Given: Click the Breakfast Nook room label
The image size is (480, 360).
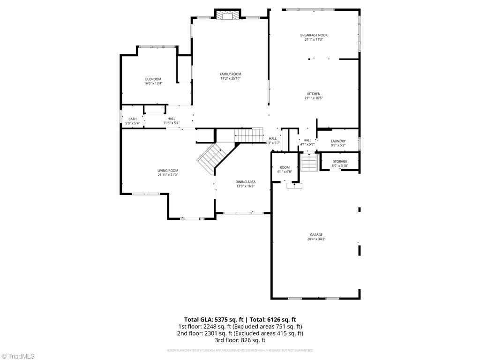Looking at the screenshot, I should click(x=314, y=35).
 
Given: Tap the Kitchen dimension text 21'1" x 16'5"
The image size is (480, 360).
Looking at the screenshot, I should click(x=314, y=98).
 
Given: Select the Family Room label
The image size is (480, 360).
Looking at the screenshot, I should click(x=230, y=74).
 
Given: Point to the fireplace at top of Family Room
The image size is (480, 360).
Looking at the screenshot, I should click(x=228, y=15).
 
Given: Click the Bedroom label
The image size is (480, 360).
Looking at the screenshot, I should click(x=153, y=79).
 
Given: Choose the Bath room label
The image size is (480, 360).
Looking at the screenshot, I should click(x=132, y=119).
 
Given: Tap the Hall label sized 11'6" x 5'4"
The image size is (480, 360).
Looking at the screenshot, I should click(x=171, y=119).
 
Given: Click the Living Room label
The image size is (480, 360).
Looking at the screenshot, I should click(x=167, y=171).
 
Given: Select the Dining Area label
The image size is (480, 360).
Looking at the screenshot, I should click(x=245, y=182).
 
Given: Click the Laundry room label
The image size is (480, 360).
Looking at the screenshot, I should click(x=338, y=141).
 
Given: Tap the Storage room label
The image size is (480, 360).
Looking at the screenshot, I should click(x=340, y=161).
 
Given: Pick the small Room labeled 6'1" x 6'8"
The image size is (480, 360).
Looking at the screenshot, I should click(x=285, y=167).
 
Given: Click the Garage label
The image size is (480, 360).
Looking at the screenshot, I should click(x=316, y=235).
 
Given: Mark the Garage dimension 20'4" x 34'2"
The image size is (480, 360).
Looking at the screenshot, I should click(x=316, y=239).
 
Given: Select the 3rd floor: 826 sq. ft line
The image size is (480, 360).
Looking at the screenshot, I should click(x=240, y=340).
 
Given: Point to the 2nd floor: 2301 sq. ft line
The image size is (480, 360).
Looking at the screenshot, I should click(x=240, y=333).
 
